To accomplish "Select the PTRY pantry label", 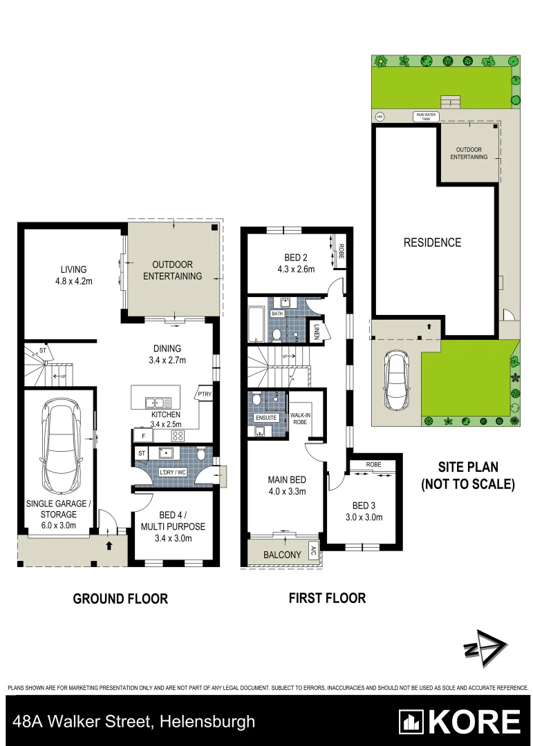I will coord(205,394).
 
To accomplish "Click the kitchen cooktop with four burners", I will coord(177,435).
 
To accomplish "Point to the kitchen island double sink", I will coord(154,401).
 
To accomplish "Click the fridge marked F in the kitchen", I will coord(143,436).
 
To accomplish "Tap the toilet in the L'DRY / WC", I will coord(200,455).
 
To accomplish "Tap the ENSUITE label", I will coord(266,417).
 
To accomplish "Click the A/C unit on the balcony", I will coord(313,551).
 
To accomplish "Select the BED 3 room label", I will coord(364,506).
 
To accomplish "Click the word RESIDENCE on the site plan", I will coord(432,242).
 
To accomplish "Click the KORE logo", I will coord(460,722).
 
